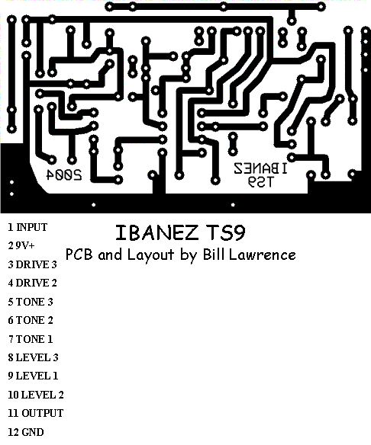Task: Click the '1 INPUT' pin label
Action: click(x=27, y=227)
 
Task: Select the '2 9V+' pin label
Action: click(x=21, y=245)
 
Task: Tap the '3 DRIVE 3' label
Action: click(x=32, y=264)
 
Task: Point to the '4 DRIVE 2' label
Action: click(x=32, y=283)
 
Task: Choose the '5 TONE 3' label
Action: click(x=31, y=302)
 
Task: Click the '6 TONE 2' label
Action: click(x=31, y=320)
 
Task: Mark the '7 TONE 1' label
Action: click(x=31, y=339)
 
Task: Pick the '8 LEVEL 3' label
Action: click(x=33, y=357)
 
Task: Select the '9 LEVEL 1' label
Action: click(x=33, y=376)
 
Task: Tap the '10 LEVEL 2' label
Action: click(x=36, y=395)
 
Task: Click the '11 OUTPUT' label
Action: click(x=36, y=413)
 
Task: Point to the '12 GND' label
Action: click(x=26, y=432)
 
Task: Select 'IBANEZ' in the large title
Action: click(x=156, y=232)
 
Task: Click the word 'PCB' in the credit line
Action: click(x=79, y=254)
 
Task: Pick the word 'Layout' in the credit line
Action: click(x=150, y=255)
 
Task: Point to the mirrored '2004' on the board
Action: click(x=64, y=175)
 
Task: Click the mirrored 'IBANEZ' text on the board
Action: click(x=260, y=168)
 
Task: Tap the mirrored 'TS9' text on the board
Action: click(x=260, y=181)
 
